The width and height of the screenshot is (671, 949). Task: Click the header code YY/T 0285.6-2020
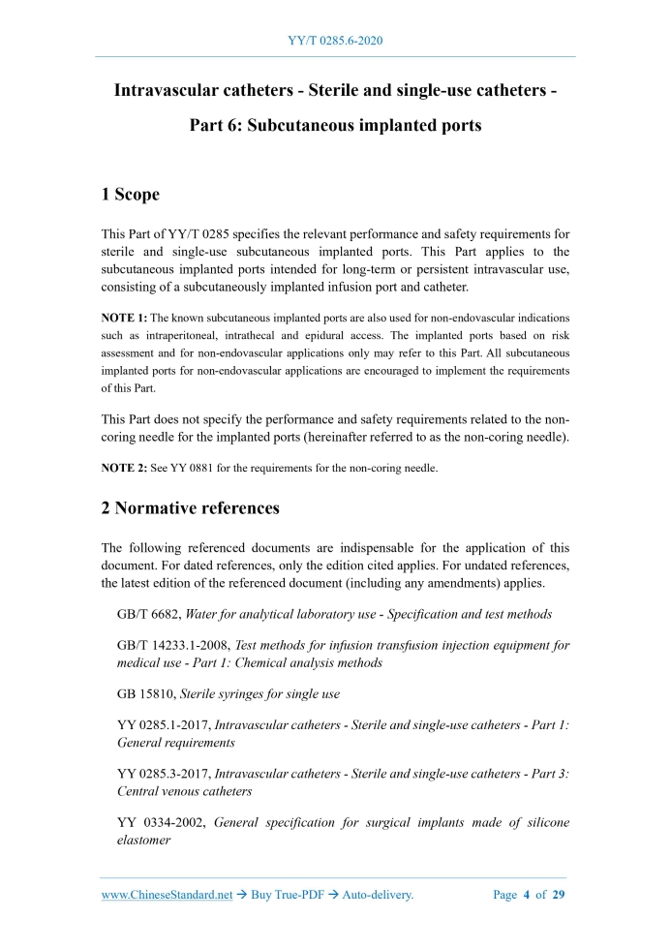[335, 41]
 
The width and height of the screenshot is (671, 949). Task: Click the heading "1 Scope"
[130, 195]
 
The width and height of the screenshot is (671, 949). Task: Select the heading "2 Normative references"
[190, 507]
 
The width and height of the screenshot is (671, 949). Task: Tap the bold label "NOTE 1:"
[124, 318]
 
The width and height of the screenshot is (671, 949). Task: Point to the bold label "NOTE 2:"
[124, 469]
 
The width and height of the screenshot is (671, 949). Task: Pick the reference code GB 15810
[145, 692]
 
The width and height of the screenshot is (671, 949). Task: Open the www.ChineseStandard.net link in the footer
[167, 895]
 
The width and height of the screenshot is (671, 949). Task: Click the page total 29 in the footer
[558, 895]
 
